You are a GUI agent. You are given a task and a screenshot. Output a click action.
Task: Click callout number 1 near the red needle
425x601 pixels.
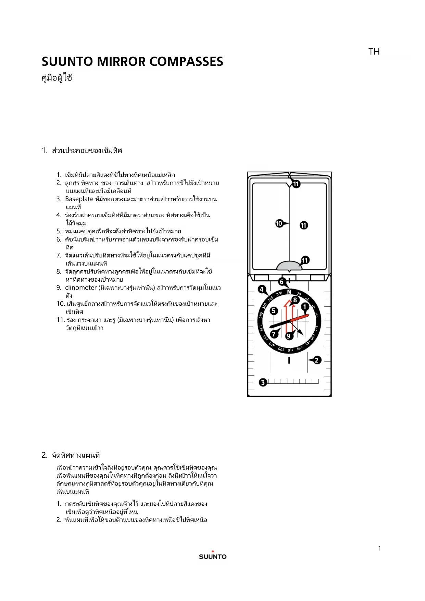(305, 307)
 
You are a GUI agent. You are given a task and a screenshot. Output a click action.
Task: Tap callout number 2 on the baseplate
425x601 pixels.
(317, 360)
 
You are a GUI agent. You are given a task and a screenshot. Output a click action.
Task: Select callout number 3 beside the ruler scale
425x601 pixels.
(263, 382)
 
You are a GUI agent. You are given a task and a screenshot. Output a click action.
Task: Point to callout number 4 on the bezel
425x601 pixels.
(262, 289)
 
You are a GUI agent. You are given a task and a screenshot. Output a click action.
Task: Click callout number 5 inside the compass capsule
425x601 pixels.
(273, 311)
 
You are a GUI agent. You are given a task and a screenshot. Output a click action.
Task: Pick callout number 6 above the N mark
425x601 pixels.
(282, 282)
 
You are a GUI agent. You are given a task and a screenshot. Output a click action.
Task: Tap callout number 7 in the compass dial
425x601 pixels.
(274, 334)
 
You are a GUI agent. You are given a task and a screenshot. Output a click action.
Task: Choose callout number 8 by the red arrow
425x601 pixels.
(295, 300)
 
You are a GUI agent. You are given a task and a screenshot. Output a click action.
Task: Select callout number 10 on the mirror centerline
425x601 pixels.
(279, 223)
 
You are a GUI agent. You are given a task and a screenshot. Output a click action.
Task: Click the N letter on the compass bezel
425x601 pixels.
(289, 292)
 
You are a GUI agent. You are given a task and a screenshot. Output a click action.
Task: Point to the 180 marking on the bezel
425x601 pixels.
(290, 350)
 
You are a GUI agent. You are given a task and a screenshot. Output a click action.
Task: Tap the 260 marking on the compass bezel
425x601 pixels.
(261, 328)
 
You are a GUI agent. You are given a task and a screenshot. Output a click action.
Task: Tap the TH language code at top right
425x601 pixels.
(374, 52)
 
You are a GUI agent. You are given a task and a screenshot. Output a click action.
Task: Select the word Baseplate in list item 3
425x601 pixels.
(79, 199)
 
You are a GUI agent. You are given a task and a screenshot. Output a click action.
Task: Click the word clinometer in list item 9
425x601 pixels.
(80, 287)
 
